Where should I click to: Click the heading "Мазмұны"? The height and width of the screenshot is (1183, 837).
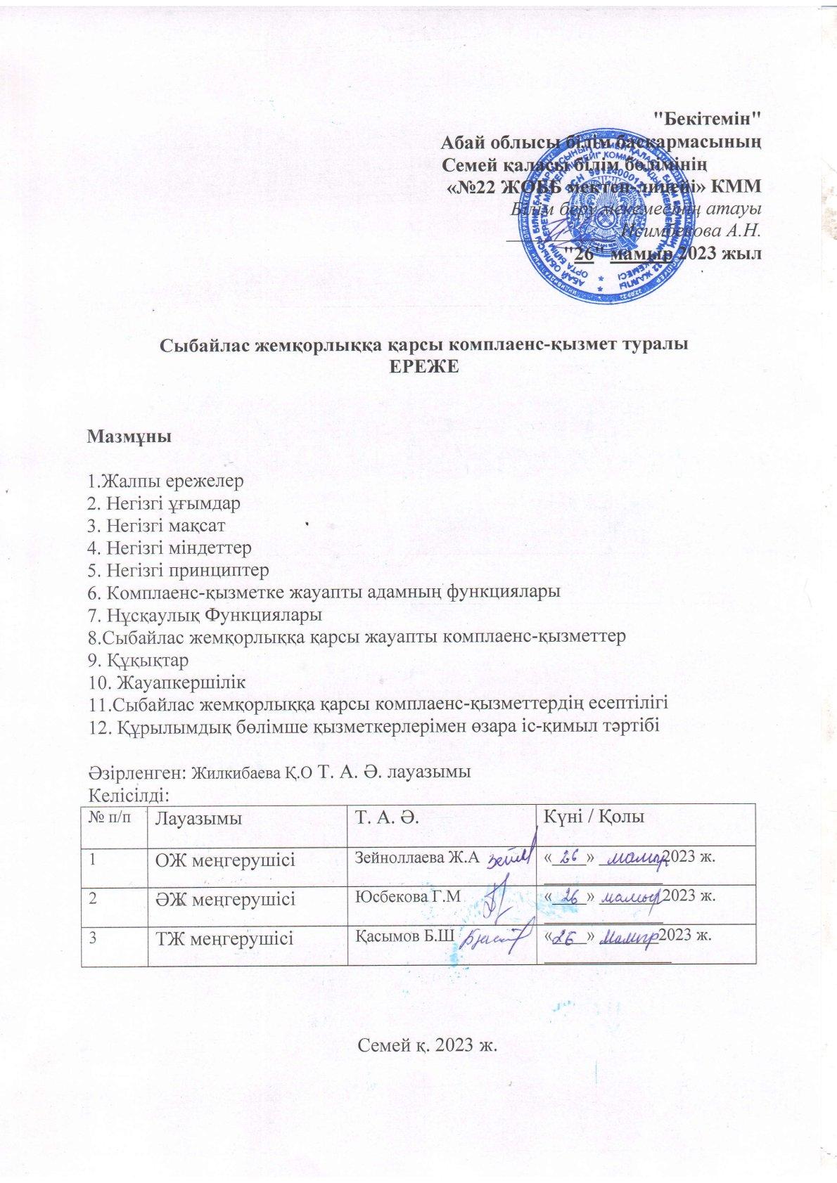(129, 437)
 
